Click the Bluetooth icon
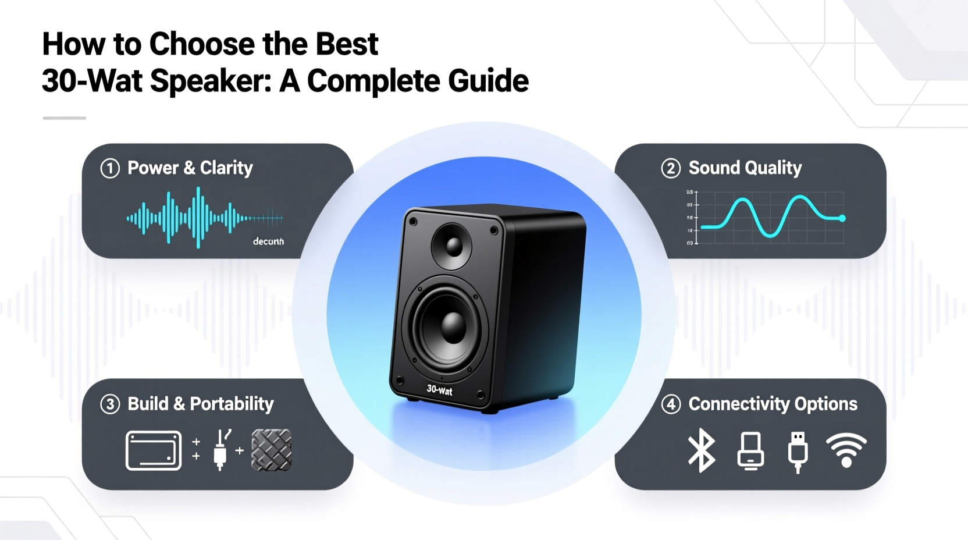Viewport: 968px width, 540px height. (702, 450)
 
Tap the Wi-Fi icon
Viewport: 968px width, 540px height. (846, 450)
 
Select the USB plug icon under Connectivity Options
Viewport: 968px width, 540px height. (798, 452)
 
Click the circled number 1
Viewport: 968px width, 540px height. (110, 169)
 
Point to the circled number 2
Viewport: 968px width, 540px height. (671, 169)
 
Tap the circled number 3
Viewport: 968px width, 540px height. (110, 404)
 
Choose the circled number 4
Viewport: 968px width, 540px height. (671, 404)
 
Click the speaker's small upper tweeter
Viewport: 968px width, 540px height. (451, 246)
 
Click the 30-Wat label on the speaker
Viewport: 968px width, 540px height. (439, 390)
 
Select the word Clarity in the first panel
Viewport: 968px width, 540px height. (226, 168)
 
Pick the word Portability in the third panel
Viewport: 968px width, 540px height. (232, 404)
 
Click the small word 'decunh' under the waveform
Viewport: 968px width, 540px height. (268, 241)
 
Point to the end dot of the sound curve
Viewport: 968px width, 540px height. (842, 218)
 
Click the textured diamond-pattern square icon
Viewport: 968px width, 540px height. (271, 450)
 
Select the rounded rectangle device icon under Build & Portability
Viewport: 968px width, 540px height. (154, 450)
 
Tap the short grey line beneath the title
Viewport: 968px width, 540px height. (65, 118)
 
